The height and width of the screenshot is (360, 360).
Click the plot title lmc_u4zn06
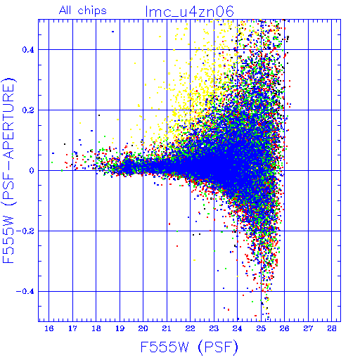[189, 11]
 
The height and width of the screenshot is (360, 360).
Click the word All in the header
[65, 11]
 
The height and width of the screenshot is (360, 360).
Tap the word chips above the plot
[92, 11]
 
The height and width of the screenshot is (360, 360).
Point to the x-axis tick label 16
[49, 328]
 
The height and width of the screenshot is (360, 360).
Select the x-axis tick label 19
[120, 328]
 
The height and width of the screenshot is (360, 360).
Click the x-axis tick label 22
[191, 328]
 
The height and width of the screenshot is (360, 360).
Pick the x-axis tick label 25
[261, 328]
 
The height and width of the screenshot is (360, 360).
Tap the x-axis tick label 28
[332, 328]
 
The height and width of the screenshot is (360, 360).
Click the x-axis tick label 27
[308, 328]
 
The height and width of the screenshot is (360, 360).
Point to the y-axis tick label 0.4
[28, 50]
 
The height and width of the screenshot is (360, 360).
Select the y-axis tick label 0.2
[28, 110]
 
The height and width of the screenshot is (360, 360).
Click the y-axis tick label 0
[32, 171]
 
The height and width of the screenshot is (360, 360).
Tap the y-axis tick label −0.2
[25, 231]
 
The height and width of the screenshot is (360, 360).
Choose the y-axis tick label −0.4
[25, 292]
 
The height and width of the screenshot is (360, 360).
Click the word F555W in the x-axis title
[165, 347]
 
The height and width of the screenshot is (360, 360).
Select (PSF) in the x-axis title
[218, 347]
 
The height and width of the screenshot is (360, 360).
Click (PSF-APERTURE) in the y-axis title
[8, 141]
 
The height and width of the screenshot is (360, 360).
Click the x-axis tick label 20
[143, 328]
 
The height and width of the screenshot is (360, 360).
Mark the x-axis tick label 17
[72, 328]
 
